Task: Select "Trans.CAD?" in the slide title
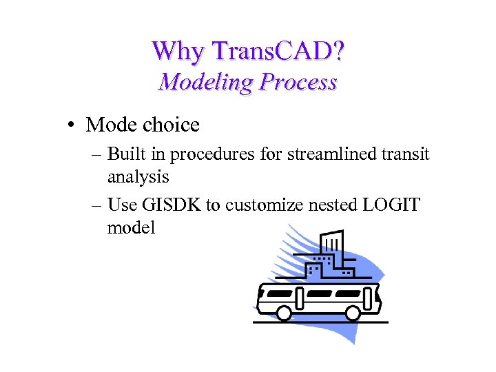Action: click(280, 50)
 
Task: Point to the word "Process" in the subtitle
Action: click(298, 82)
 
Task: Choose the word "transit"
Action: click(408, 154)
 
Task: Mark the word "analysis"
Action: click(138, 177)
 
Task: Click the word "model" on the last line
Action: click(131, 227)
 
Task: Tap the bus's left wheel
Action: click(284, 313)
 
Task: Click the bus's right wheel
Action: click(353, 313)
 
